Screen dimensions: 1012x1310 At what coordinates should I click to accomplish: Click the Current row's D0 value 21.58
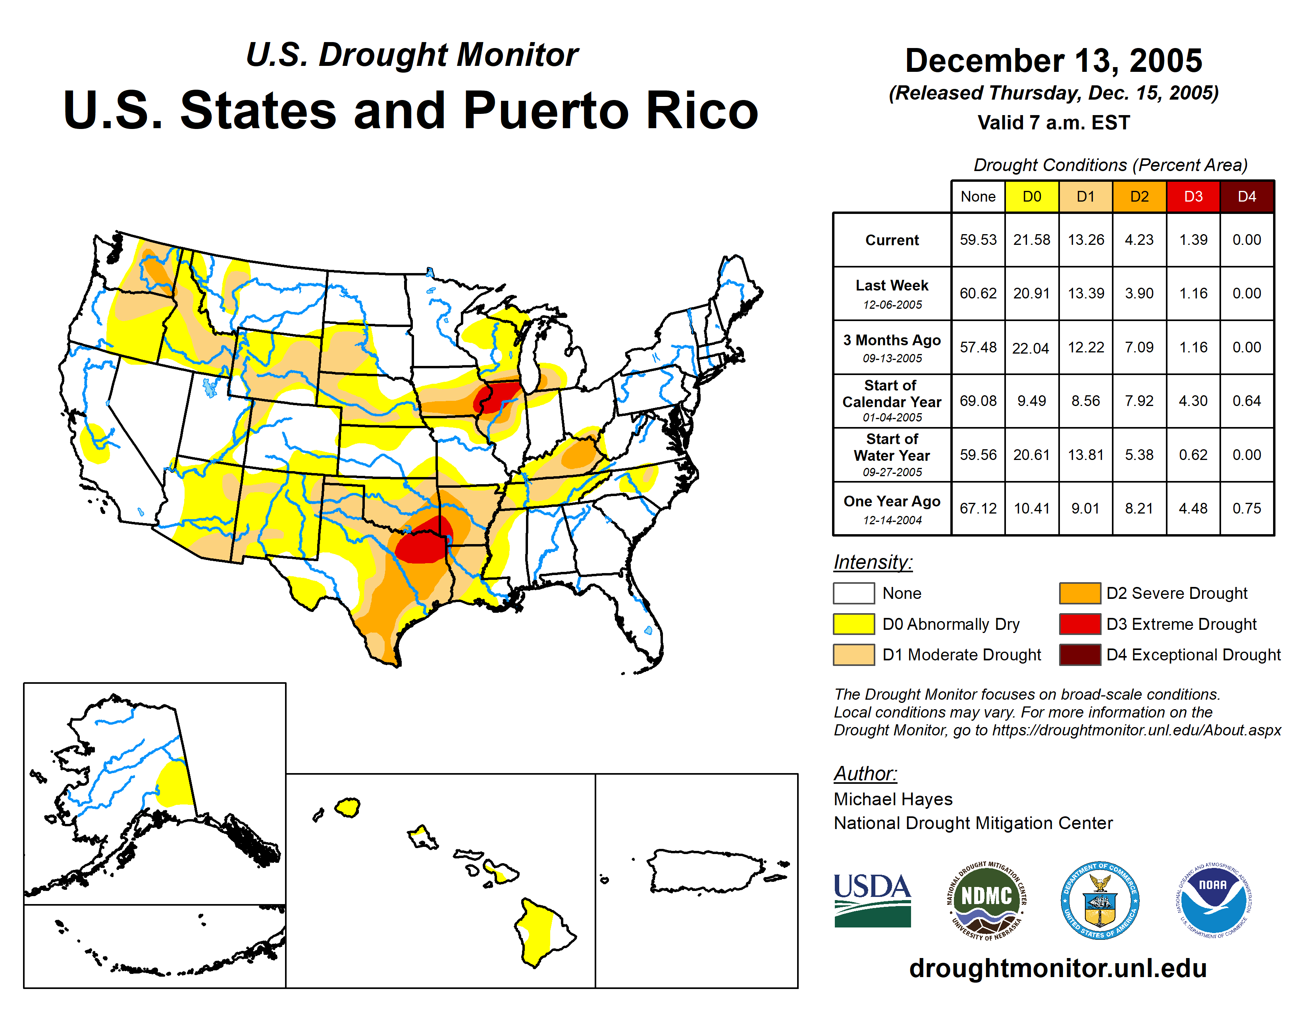[1032, 240]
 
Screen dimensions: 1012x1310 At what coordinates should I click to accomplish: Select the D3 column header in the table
[1193, 196]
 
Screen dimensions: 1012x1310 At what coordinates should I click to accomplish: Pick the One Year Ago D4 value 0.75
[1246, 508]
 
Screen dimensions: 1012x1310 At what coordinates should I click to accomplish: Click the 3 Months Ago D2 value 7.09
[1139, 347]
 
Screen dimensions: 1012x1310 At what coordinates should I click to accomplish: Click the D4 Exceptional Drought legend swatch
[1080, 655]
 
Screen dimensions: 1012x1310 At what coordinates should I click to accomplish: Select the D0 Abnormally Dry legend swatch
[853, 624]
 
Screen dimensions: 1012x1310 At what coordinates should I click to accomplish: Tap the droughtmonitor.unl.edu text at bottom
[1058, 968]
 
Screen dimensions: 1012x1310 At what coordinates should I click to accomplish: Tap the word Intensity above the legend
[873, 562]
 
